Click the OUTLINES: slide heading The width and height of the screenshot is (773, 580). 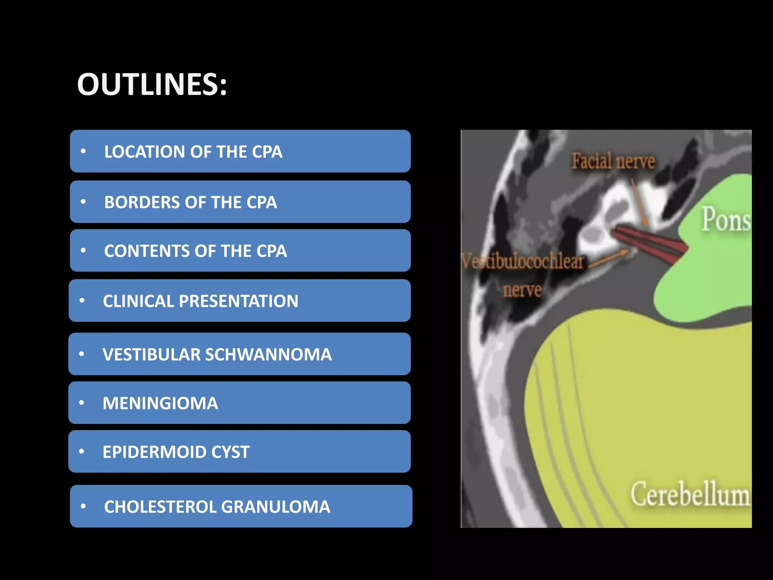[x=152, y=84]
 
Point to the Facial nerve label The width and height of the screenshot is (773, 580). [x=613, y=162]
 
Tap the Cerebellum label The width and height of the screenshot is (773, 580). [x=690, y=494]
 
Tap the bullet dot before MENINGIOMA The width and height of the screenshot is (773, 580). [x=82, y=403]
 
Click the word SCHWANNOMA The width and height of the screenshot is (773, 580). [x=268, y=355]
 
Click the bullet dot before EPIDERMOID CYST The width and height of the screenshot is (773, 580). [x=82, y=452]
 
